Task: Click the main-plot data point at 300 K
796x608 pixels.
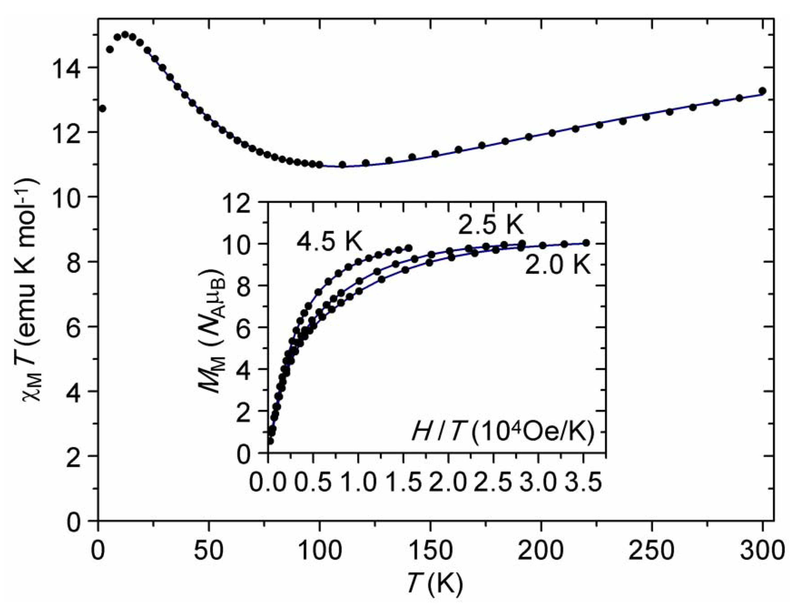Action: [x=762, y=91]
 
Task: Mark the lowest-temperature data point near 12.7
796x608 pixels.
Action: [x=102, y=108]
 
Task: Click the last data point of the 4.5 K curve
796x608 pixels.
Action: [x=409, y=248]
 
